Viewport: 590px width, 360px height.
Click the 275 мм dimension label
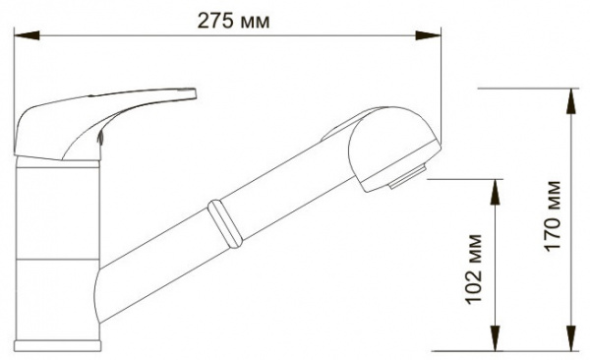(x=233, y=21)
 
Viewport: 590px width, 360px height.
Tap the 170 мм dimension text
(x=554, y=216)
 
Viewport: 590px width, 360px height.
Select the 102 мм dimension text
(x=474, y=269)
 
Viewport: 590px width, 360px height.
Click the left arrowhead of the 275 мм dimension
(x=27, y=35)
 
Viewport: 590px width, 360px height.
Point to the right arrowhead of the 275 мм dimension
(x=428, y=35)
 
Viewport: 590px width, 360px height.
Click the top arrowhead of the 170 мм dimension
(x=572, y=101)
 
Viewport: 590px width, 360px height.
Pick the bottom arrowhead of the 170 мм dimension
(x=572, y=338)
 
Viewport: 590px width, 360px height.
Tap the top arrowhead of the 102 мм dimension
(x=496, y=192)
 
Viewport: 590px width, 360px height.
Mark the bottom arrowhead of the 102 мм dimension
(x=496, y=338)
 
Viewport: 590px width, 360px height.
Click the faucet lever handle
(x=76, y=121)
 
